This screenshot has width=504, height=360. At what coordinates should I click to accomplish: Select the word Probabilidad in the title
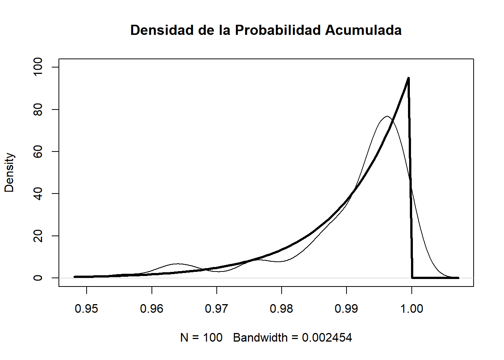(x=278, y=30)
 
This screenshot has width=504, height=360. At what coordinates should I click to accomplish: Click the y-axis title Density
(x=9, y=172)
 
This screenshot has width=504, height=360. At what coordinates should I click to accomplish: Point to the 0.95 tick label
(x=87, y=309)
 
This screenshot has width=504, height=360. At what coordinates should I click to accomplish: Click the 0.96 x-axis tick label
(x=151, y=309)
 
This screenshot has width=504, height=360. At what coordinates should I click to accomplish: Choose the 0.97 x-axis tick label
(x=217, y=309)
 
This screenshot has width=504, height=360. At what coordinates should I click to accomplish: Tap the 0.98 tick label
(x=282, y=309)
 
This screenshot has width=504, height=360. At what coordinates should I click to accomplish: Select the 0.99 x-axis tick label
(x=346, y=309)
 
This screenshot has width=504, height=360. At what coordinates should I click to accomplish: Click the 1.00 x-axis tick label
(x=412, y=309)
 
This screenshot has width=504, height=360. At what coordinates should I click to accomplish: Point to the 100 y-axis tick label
(x=38, y=67)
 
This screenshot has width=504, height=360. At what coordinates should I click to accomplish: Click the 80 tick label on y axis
(x=38, y=109)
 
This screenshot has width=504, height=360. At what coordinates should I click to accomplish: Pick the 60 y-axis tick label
(x=38, y=151)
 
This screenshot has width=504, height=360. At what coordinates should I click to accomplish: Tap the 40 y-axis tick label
(x=38, y=193)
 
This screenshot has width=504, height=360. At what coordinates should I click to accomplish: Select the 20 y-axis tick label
(x=38, y=236)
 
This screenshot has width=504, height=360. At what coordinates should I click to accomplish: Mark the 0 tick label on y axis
(x=38, y=278)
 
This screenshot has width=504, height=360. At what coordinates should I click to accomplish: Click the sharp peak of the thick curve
(x=408, y=78)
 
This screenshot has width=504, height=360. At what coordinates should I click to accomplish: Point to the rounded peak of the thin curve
(x=387, y=117)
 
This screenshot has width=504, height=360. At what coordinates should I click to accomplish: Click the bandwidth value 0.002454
(x=327, y=337)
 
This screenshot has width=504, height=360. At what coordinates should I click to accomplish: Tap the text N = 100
(x=201, y=337)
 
